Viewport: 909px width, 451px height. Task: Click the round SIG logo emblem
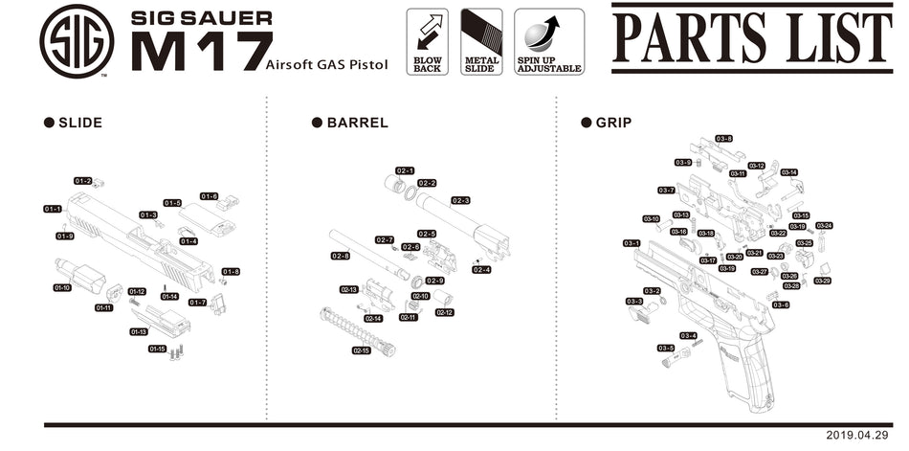(x=77, y=41)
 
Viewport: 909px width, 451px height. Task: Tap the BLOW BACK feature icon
(x=427, y=41)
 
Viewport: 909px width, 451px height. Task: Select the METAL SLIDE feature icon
(x=481, y=41)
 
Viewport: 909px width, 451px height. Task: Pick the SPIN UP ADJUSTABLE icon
(x=549, y=41)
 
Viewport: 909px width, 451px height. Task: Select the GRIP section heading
(x=613, y=123)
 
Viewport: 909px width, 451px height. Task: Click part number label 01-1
(x=53, y=209)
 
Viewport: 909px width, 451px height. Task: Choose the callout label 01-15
(x=157, y=349)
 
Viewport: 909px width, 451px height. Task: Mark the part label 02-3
(x=460, y=200)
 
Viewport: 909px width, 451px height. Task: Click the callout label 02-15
(x=361, y=350)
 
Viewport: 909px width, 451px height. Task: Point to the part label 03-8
(x=723, y=139)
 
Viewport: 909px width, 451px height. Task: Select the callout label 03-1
(x=632, y=243)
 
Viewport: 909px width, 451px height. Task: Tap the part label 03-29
(x=822, y=281)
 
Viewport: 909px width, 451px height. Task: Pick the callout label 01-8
(x=231, y=271)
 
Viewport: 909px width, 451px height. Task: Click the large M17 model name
(x=201, y=51)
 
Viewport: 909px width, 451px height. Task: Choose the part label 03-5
(x=666, y=348)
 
